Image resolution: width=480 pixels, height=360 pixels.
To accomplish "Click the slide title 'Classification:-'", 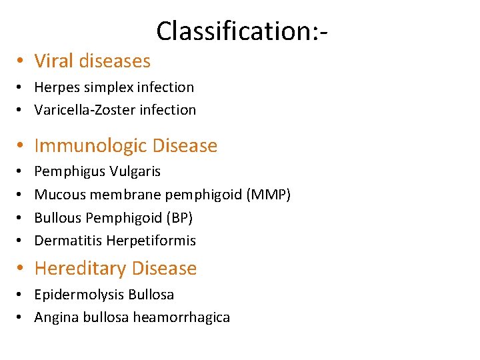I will (x=244, y=31).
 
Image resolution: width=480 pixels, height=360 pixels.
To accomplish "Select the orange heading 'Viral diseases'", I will (x=92, y=61).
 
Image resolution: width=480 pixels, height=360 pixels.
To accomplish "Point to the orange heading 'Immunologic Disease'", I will (x=125, y=145).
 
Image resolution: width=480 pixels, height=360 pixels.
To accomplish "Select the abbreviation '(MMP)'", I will (x=269, y=194).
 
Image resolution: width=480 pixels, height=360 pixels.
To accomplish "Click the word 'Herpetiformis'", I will (x=151, y=240).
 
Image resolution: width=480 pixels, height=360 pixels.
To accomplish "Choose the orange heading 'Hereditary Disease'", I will (x=115, y=268).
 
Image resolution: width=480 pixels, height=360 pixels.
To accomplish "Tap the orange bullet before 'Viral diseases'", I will (x=21, y=61).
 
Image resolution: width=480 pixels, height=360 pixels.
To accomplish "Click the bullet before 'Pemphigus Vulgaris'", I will (x=21, y=171).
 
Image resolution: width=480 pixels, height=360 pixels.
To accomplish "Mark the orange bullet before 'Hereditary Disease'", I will (x=21, y=269).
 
